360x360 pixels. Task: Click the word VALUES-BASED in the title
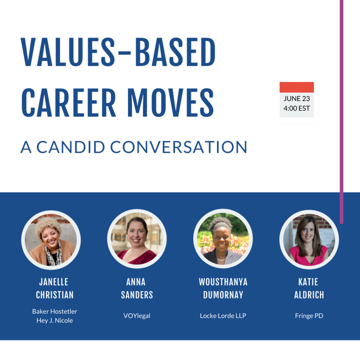click(x=118, y=52)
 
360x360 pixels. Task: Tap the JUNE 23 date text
click(x=296, y=98)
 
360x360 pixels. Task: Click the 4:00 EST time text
click(x=296, y=109)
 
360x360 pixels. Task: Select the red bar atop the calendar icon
click(x=296, y=87)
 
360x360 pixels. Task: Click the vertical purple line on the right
click(x=342, y=111)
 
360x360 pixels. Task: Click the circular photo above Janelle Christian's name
click(x=51, y=239)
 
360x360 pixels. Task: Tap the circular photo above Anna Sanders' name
click(x=137, y=239)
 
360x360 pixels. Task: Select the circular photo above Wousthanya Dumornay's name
click(x=223, y=239)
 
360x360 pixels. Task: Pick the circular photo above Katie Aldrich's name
click(x=309, y=239)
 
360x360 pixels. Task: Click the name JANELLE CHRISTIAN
click(x=55, y=288)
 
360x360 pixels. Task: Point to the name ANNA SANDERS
click(x=137, y=288)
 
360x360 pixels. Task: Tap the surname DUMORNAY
click(x=223, y=294)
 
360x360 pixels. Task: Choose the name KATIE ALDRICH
click(x=309, y=288)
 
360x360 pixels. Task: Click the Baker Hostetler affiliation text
click(x=54, y=311)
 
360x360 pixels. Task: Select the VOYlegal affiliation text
click(x=137, y=316)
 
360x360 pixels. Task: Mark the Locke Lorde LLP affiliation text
click(x=223, y=316)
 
